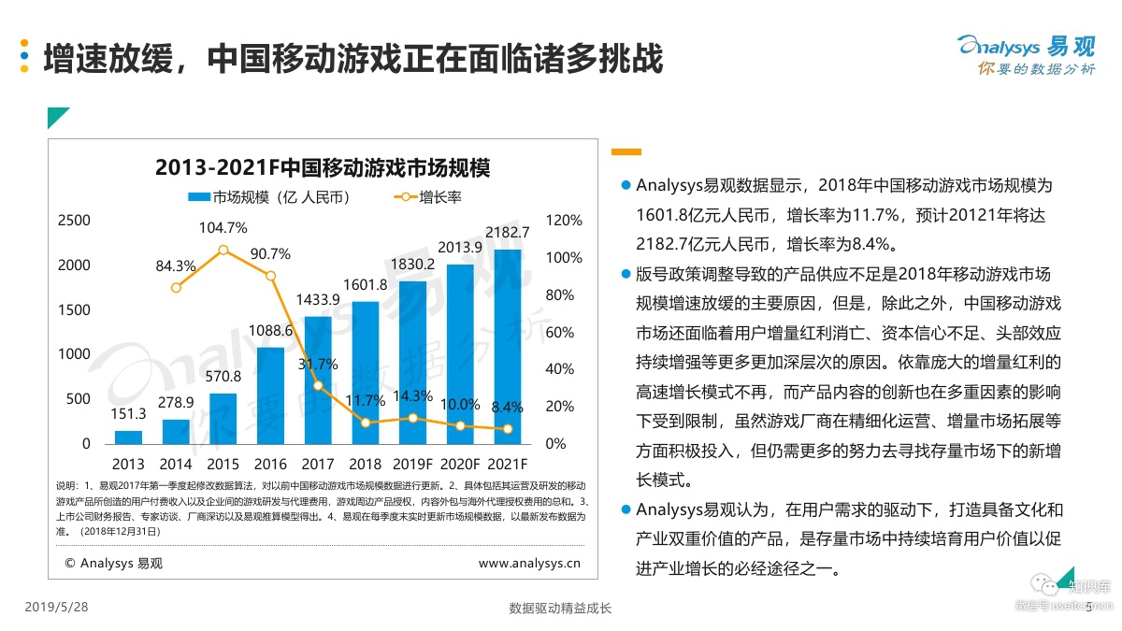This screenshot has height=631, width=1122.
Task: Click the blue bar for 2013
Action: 128,437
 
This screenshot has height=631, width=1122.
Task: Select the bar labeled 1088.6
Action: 270,395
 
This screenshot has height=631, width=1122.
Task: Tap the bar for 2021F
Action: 508,347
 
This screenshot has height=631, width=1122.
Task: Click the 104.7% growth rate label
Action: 223,228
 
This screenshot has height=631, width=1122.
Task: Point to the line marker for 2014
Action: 176,287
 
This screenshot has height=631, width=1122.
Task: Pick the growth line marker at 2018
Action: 366,423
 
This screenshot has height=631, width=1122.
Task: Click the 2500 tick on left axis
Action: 74,221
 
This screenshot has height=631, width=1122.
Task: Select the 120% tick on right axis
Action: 564,221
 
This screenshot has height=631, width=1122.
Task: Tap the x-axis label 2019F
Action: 412,464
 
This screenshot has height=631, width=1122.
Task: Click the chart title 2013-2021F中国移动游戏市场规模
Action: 323,168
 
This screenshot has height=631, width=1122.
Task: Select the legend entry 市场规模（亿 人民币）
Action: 269,197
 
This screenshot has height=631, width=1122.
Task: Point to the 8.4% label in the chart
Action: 508,407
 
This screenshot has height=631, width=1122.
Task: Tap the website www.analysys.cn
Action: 529,563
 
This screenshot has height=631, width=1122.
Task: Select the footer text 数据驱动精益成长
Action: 560,609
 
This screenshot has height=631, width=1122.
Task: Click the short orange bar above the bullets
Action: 626,151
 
